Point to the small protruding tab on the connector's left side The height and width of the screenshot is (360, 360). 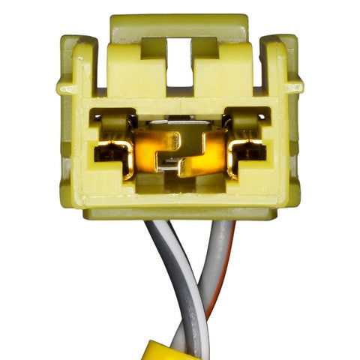[x=62, y=87]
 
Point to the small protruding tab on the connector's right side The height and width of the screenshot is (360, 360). [x=296, y=87]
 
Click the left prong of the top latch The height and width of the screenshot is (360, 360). [x=153, y=49]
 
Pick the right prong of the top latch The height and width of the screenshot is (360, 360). [x=205, y=49]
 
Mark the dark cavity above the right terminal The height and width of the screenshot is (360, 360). [x=247, y=118]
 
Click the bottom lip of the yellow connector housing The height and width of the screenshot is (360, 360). [x=179, y=213]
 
